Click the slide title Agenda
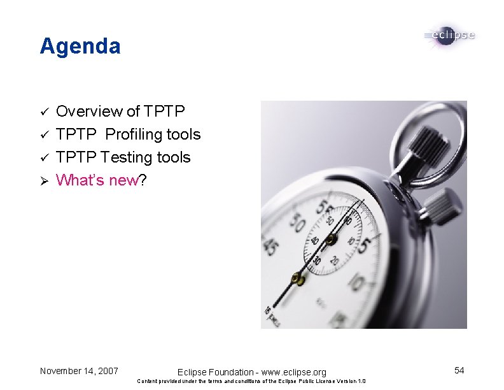coord(80,46)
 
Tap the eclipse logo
coord(449,36)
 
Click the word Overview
coord(89,112)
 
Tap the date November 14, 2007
coord(79,370)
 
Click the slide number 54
coord(459,370)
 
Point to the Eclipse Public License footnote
coord(251,382)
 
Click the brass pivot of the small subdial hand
coord(330,240)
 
